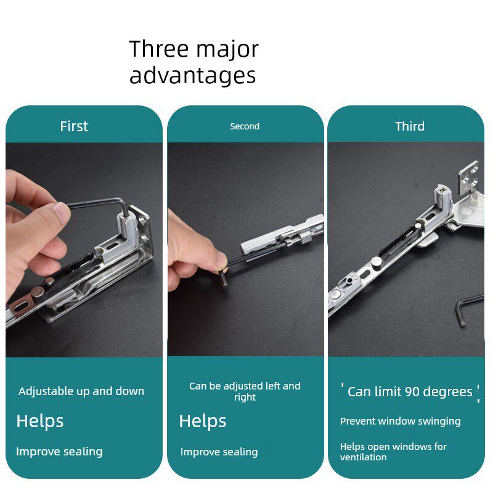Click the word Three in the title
159,49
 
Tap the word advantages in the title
193,75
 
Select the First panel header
74,126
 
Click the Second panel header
245,126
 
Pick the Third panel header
410,126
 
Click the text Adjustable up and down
81,391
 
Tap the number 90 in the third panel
412,392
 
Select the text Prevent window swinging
400,422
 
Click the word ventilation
363,457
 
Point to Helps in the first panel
40,422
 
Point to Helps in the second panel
203,422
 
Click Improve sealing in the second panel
219,452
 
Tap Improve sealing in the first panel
59,452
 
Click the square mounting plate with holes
469,177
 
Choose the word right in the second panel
245,397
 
